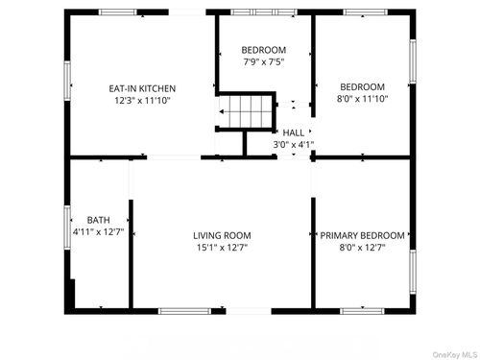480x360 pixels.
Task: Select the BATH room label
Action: [x=99, y=220]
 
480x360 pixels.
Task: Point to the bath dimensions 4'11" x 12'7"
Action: [x=99, y=232]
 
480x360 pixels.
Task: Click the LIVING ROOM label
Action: [x=222, y=235]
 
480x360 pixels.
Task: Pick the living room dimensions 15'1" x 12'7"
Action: [x=222, y=248]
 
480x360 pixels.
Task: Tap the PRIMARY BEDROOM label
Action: [x=362, y=235]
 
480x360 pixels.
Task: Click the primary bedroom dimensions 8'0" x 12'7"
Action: [x=362, y=248]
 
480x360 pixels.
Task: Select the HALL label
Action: [x=293, y=132]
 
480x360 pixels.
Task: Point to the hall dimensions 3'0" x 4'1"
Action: [x=293, y=145]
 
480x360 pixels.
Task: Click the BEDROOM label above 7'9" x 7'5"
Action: [x=263, y=50]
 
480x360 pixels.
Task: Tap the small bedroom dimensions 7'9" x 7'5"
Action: [x=263, y=62]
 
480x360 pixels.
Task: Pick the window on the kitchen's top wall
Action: [x=119, y=12]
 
